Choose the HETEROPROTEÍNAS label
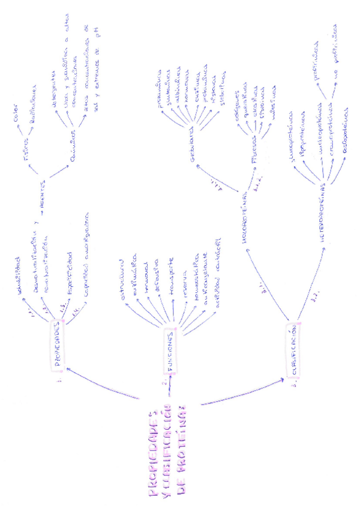click(322, 217)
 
